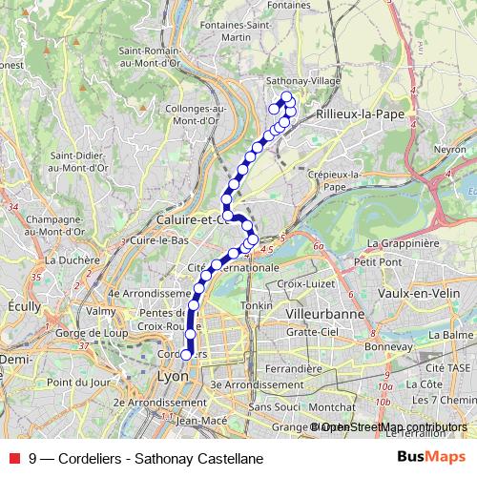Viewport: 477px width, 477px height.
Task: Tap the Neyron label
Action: tap(448, 150)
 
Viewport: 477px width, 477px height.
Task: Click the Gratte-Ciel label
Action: tap(315, 332)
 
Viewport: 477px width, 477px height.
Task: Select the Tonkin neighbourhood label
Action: tap(257, 306)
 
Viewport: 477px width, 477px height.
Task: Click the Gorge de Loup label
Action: tap(66, 332)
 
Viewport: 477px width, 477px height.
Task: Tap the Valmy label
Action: tap(100, 311)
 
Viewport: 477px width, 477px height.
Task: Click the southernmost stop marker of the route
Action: tap(187, 355)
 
